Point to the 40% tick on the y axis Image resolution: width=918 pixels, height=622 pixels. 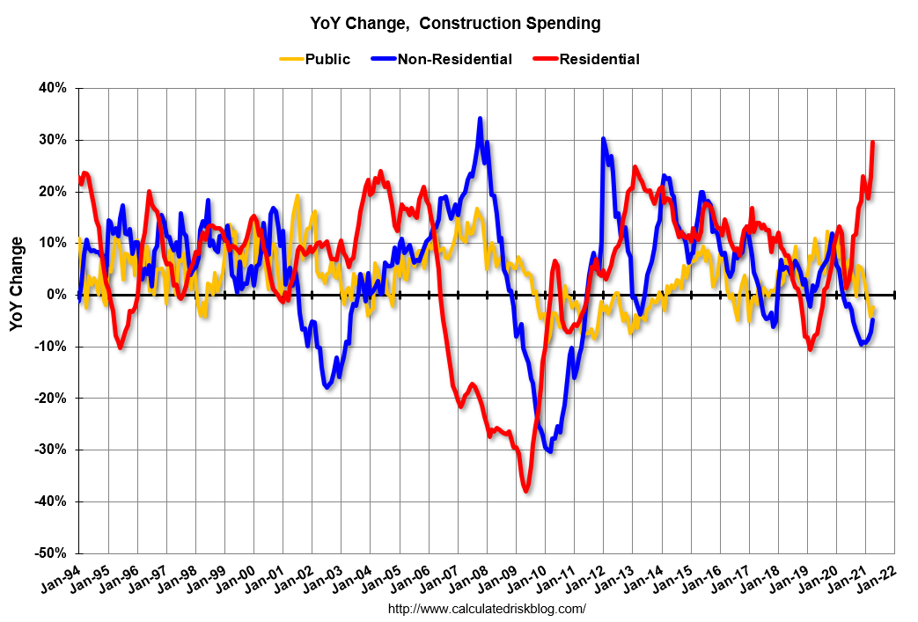52,88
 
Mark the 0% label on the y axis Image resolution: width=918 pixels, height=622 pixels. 55,295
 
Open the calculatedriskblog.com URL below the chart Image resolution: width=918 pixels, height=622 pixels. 487,609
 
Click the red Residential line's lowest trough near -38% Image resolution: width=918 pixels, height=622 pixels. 526,491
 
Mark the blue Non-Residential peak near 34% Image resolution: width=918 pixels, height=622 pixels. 480,118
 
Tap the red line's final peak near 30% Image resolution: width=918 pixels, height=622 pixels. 872,143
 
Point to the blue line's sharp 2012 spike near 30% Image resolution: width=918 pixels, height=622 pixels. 604,139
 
